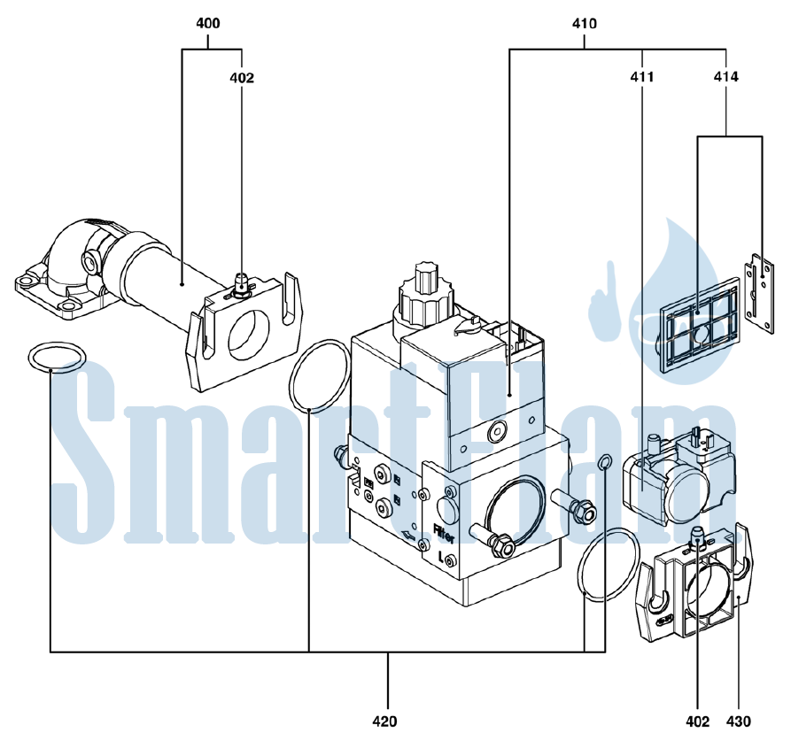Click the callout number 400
click(x=208, y=23)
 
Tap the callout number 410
click(x=584, y=23)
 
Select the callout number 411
click(x=641, y=77)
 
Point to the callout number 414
click(x=726, y=77)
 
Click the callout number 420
click(x=385, y=721)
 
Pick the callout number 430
click(x=739, y=721)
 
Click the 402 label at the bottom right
click(x=698, y=721)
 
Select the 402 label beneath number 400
click(x=242, y=78)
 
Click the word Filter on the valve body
click(x=444, y=533)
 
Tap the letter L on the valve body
click(x=441, y=558)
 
